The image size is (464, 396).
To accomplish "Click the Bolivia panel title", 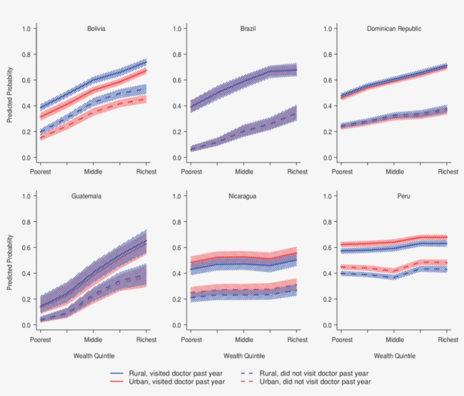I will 96,29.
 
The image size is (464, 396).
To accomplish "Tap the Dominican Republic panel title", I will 394,29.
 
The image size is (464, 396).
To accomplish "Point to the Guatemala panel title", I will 87,196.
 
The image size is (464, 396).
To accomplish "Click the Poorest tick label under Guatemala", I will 41,340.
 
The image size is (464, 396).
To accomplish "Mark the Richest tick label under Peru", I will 448,340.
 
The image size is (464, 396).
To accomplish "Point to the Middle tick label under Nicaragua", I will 244,340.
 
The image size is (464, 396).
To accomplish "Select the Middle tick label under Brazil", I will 244,172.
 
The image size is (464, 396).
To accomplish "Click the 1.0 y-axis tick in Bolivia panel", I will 26,29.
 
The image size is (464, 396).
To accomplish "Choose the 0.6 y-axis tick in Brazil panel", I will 177,80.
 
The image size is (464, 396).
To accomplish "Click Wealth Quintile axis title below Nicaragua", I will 244,356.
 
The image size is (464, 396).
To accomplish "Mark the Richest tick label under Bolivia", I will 147,172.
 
